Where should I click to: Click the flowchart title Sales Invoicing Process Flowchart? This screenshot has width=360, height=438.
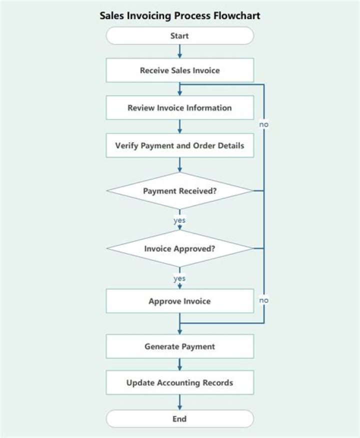tap(180, 16)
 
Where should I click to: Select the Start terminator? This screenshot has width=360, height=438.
tap(179, 36)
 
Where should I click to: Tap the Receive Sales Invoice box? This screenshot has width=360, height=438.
tap(179, 71)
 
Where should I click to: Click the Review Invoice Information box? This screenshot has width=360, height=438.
tap(179, 108)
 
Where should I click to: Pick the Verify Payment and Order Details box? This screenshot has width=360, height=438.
tap(179, 146)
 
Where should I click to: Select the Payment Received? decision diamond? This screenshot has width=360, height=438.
tap(179, 191)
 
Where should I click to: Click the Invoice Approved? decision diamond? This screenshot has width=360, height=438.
tap(179, 248)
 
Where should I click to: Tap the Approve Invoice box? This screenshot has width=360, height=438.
tap(179, 301)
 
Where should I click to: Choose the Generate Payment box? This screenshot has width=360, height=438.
tap(179, 346)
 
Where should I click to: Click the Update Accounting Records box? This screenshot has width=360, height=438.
tap(179, 383)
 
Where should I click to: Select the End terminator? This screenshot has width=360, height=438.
tap(179, 419)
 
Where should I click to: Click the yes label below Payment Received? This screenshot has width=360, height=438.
tap(179, 220)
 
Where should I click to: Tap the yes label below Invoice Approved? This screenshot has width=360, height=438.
tap(179, 278)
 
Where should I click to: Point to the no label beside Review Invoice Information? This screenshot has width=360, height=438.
tap(264, 123)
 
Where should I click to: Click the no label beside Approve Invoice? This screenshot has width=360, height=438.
tap(264, 300)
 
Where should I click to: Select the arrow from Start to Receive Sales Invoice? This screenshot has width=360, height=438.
tap(179, 52)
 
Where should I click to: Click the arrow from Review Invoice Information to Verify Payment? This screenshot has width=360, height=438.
tap(179, 127)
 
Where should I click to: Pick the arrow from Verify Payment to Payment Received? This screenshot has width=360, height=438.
tap(179, 165)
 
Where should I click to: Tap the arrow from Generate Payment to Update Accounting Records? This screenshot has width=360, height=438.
tap(179, 364)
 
